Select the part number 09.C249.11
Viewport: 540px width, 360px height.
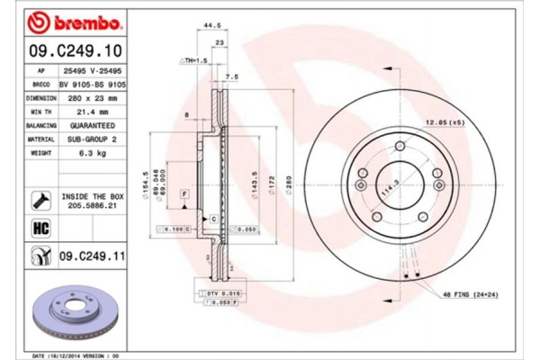[91, 258]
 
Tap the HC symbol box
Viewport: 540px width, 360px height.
[40, 228]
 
